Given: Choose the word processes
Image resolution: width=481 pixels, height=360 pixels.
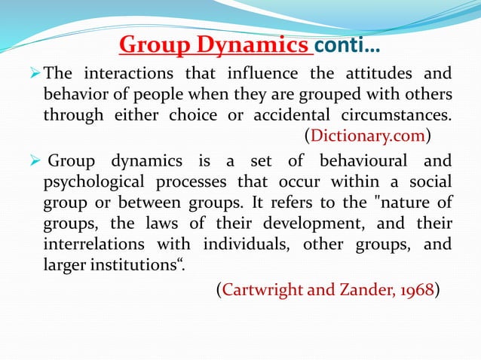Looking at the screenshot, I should (185, 182).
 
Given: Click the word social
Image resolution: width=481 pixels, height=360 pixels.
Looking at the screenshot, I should (430, 182).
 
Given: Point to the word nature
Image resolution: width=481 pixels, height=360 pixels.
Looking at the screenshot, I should (395, 203).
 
